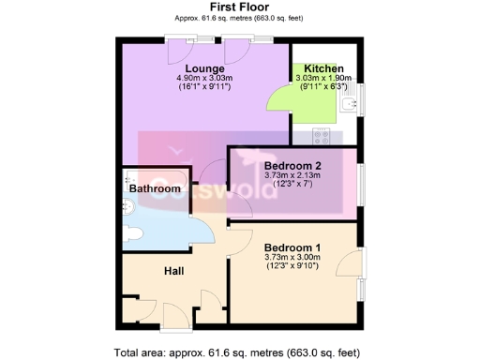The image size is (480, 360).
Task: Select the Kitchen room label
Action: [323, 68]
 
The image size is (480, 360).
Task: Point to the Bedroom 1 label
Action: [292, 247]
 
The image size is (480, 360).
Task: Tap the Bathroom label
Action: [155, 188]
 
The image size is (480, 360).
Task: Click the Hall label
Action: [173, 272]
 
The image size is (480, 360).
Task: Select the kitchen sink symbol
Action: [350, 103]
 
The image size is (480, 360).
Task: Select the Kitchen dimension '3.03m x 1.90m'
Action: [323, 78]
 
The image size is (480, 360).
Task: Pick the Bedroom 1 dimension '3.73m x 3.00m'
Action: [292, 257]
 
